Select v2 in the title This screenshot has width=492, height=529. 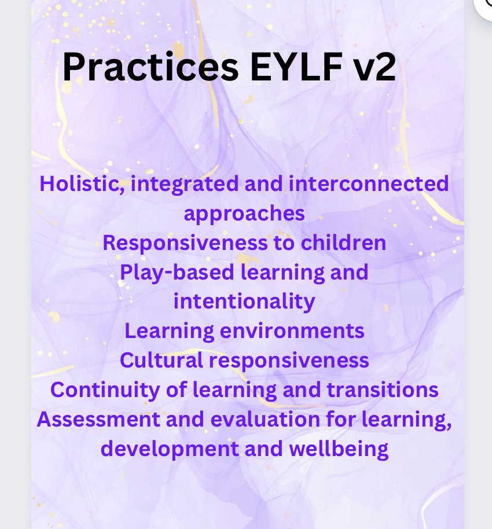(x=377, y=68)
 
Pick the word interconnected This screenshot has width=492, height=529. (x=369, y=184)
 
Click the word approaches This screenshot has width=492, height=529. (x=244, y=214)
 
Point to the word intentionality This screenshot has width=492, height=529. (x=244, y=302)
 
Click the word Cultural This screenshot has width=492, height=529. (x=161, y=361)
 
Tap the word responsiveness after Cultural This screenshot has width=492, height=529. (x=289, y=361)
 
